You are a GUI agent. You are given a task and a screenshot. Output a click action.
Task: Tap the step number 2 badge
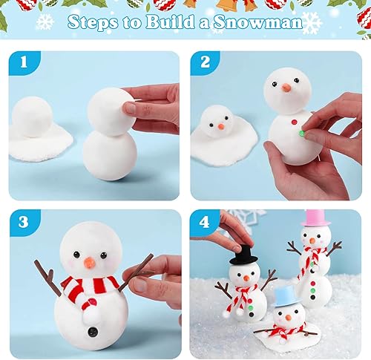(203, 64)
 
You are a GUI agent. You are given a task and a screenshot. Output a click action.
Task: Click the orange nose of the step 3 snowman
(89, 262)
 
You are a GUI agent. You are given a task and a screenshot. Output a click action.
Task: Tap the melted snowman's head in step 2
(217, 119)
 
